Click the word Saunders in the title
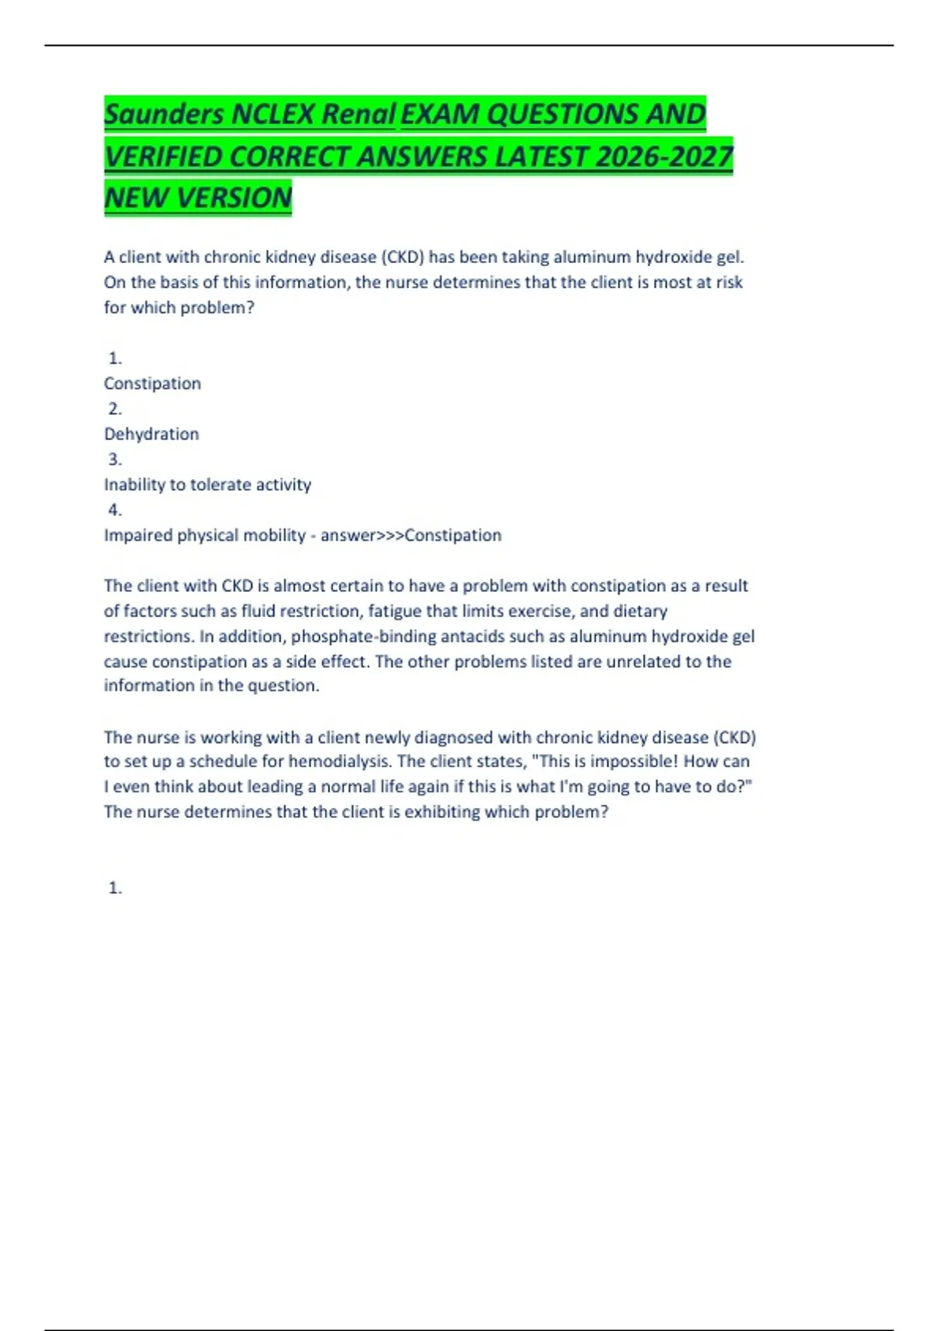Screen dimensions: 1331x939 164,114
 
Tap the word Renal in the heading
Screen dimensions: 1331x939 358,114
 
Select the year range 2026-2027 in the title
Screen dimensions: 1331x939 664,157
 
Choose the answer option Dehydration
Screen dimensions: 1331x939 151,434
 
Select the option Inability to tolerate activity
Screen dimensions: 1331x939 207,485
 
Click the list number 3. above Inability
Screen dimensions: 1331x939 115,460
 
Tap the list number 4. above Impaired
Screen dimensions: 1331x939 115,510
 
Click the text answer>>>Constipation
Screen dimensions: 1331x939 411,536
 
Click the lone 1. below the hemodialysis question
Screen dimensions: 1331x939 115,888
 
